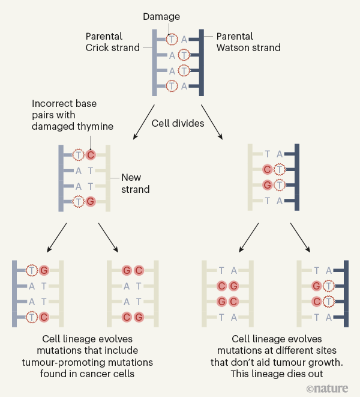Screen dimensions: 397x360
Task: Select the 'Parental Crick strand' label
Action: tap(112, 42)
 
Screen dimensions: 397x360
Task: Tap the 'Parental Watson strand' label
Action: tap(248, 42)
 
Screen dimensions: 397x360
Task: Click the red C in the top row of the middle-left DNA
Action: tap(91, 154)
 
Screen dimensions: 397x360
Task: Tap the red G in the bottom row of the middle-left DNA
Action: tap(91, 201)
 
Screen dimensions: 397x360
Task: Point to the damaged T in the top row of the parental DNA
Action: tap(172, 39)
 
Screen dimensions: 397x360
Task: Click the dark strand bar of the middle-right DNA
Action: tap(296, 178)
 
